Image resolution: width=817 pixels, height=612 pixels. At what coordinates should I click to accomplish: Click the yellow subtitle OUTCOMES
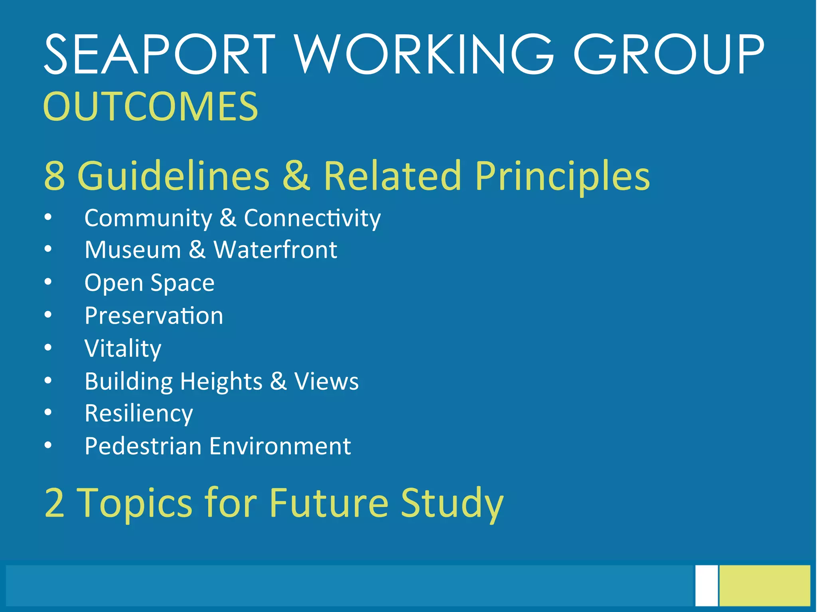coord(150,107)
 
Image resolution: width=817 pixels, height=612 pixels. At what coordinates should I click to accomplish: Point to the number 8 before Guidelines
coord(55,176)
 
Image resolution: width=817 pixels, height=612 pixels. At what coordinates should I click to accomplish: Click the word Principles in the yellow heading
coord(562,176)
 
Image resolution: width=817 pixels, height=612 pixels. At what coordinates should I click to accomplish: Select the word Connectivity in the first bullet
coord(312,218)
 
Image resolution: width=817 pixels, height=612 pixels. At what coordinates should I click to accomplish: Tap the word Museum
coord(133,250)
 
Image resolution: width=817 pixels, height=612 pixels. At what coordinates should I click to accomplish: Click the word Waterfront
coord(275,250)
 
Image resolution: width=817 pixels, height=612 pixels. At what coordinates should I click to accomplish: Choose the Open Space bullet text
coord(150,283)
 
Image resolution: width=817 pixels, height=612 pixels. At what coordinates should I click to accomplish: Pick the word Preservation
coord(154,316)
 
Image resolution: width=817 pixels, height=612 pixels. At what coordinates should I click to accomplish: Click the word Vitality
coord(123,348)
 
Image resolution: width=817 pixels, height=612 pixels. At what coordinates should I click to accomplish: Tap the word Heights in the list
coord(221,381)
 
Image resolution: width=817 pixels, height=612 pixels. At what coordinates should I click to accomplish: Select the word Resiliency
coord(139,414)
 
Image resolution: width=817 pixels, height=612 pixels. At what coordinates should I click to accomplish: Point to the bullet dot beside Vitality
coord(48,348)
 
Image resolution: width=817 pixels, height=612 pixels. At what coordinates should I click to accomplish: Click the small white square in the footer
coord(706,585)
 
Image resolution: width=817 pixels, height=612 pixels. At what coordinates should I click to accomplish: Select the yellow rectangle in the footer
coord(765,585)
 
